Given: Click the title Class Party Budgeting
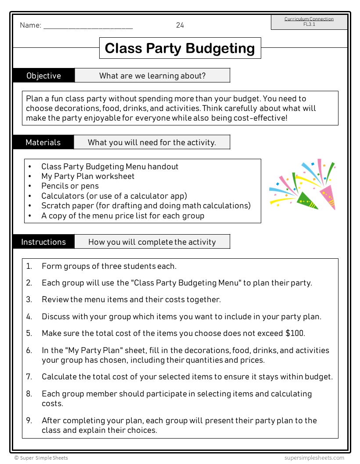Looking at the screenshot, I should click(x=180, y=48).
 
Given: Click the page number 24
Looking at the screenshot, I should click(x=180, y=25).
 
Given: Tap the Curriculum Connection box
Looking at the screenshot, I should click(x=309, y=22).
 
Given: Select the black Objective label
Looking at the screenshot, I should click(x=44, y=75).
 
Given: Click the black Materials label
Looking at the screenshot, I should click(x=43, y=142).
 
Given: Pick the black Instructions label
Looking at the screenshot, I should click(x=43, y=242).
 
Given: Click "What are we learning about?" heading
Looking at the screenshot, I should click(x=152, y=75).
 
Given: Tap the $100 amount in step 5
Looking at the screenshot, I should click(x=295, y=333).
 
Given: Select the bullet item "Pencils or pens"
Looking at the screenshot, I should click(x=70, y=186).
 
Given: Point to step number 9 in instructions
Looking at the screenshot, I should click(x=29, y=420).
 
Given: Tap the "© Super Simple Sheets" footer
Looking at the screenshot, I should click(x=41, y=458).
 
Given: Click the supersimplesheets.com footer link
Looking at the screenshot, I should click(x=314, y=458).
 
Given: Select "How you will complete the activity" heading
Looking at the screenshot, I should click(x=152, y=242).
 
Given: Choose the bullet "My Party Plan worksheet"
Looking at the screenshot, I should click(x=88, y=176).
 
